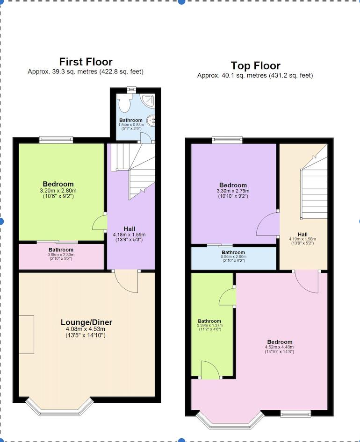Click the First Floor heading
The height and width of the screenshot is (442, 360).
(x=86, y=62)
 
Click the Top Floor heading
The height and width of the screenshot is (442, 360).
(x=255, y=65)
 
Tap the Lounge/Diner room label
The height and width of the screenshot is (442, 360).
(x=86, y=322)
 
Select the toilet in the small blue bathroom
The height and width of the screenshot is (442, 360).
(x=124, y=101)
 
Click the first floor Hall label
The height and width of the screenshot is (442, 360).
(x=130, y=228)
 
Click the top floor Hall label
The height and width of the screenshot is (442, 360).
(x=302, y=235)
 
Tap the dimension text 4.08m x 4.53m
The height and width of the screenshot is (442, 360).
(x=86, y=329)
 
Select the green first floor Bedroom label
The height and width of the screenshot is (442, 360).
(x=58, y=184)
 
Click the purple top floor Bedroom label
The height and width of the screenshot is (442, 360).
(x=233, y=185)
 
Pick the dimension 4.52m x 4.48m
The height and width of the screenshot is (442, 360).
(x=280, y=347)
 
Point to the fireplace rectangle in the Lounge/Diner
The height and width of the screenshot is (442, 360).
(x=26, y=334)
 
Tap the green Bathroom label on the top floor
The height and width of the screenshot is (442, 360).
(x=209, y=321)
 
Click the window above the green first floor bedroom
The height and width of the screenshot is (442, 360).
(x=56, y=139)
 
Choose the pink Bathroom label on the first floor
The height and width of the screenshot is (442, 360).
(x=61, y=250)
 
